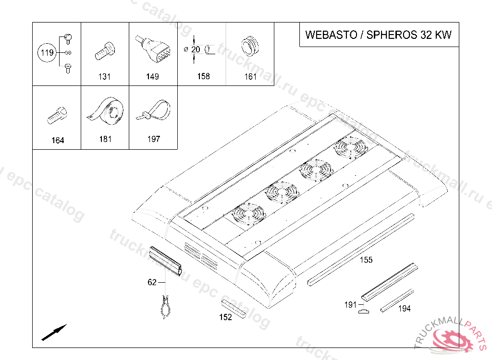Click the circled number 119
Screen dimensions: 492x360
[x=47, y=52]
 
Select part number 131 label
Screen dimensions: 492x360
[x=104, y=76]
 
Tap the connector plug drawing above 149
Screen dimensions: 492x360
[x=154, y=49]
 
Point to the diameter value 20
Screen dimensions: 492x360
[x=196, y=49]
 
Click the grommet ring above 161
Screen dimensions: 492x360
[x=250, y=46]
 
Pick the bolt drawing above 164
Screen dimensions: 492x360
[x=57, y=115]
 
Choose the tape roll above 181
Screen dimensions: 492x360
[x=105, y=110]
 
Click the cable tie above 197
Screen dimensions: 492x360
[x=154, y=110]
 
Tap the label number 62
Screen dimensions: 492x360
[x=152, y=282]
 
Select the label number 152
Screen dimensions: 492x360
[x=225, y=317]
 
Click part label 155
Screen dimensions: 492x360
[x=366, y=260]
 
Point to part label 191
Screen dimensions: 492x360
[x=350, y=304]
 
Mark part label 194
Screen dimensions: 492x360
[x=404, y=309]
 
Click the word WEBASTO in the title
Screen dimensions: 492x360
[x=331, y=35]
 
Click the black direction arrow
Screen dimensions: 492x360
[x=54, y=332]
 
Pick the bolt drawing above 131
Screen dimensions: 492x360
[x=105, y=51]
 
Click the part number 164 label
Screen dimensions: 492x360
[x=58, y=140]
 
